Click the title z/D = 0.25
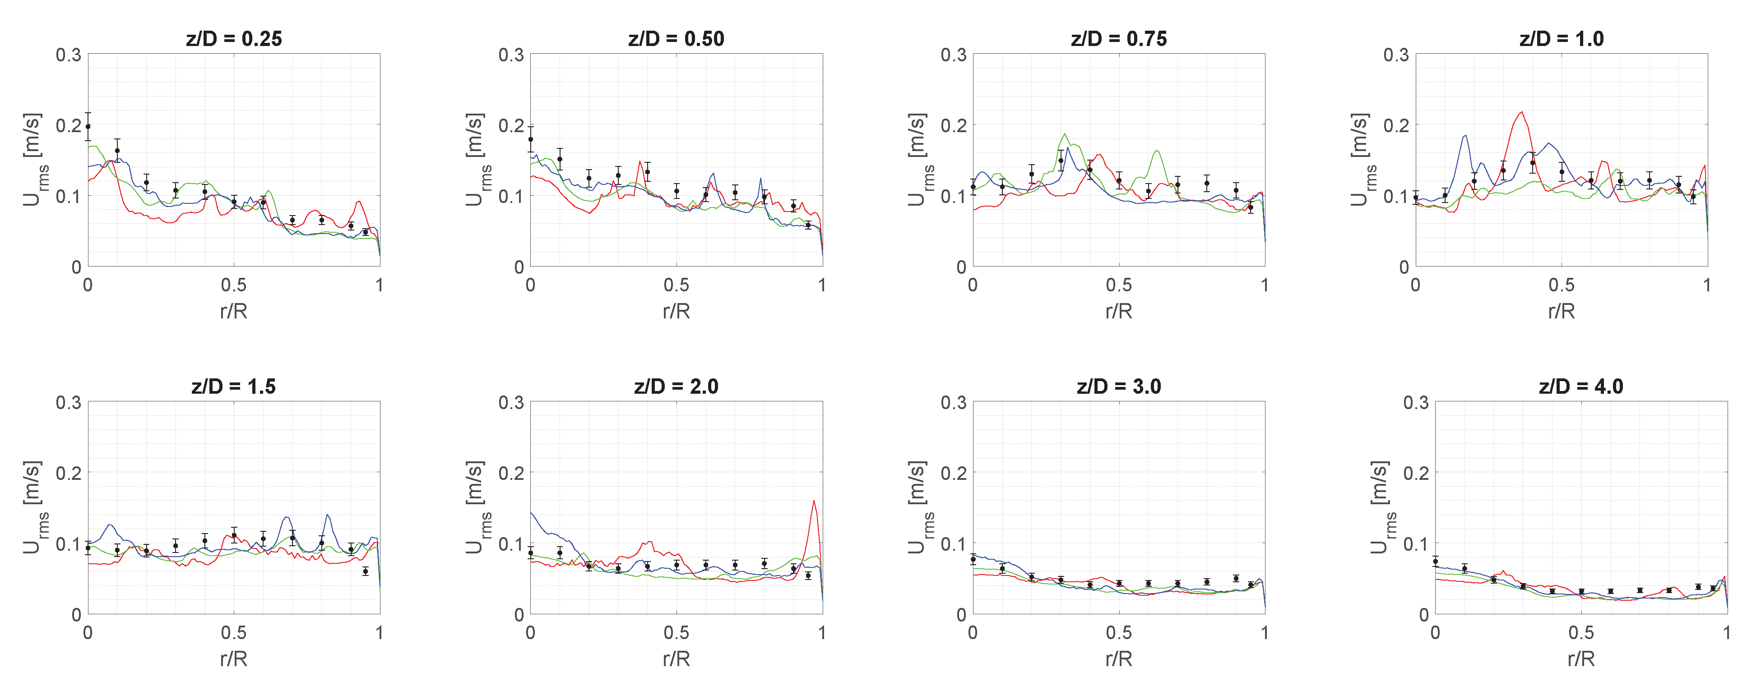[x=234, y=39]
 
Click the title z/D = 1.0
[x=1562, y=39]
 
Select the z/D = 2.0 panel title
[x=676, y=387]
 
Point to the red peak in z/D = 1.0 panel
[x=1515, y=113]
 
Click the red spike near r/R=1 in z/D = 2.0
[x=814, y=502]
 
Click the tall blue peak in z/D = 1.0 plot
[x=1465, y=136]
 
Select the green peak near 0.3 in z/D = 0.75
[x=1064, y=135]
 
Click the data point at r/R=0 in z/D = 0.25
[x=88, y=126]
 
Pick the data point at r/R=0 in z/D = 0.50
[x=530, y=139]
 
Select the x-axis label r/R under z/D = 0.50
[x=676, y=312]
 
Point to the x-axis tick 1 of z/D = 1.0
[x=1707, y=285]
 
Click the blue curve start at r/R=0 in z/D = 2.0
[x=531, y=512]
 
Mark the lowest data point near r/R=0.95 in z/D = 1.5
[x=365, y=571]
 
